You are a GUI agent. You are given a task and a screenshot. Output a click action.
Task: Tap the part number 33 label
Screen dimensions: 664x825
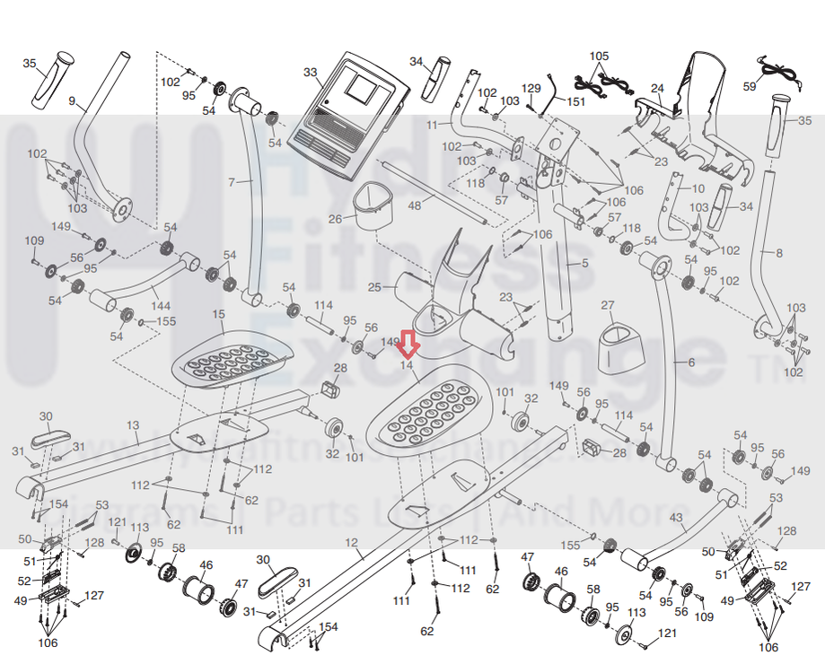coord(311,72)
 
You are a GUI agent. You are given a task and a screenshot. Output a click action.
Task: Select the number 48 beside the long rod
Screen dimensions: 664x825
coord(414,205)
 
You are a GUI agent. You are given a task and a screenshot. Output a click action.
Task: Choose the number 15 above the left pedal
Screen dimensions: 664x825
coord(218,314)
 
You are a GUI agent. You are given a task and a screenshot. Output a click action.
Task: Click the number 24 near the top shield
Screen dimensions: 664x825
coord(657,88)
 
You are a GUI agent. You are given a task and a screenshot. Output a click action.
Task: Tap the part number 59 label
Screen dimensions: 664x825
coord(750,86)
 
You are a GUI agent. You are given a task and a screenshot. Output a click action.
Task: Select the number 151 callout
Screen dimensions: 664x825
coord(575,102)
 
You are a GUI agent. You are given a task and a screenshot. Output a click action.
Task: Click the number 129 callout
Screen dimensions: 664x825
coord(531,88)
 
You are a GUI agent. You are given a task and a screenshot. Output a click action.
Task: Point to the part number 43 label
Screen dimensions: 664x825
coord(676,518)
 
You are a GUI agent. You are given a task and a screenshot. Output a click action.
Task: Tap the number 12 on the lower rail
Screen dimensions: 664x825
coord(351,542)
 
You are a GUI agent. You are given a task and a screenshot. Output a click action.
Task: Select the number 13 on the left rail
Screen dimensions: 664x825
coord(133,424)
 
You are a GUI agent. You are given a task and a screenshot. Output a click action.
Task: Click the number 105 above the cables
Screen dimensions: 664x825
coord(599,56)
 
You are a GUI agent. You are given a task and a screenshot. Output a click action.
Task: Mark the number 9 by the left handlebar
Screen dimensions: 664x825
coord(72,100)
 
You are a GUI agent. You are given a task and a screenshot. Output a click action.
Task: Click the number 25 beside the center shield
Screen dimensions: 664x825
coord(374,287)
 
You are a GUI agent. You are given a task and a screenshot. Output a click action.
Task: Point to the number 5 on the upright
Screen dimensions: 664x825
coord(584,263)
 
